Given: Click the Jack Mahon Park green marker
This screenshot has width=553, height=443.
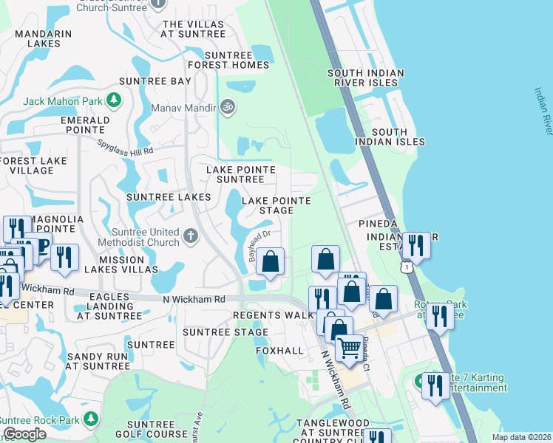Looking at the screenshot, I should tap(114, 100).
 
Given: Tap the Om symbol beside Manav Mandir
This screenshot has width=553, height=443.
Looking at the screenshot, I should tap(228, 108).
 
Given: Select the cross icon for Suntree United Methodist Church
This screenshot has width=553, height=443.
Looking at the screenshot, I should tap(191, 236).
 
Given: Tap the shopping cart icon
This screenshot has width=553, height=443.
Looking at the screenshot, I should tap(349, 346).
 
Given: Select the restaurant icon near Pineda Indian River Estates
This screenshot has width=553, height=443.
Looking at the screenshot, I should tap(416, 244).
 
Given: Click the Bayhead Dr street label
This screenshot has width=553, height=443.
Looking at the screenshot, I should tap(261, 244).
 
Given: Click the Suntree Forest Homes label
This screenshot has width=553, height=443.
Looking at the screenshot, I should tap(226, 60).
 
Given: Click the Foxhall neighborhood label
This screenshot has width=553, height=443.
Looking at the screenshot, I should tap(280, 350).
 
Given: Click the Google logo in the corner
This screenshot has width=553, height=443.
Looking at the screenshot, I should tap(24, 434).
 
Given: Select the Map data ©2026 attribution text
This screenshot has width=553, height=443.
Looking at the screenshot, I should tap(521, 437).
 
